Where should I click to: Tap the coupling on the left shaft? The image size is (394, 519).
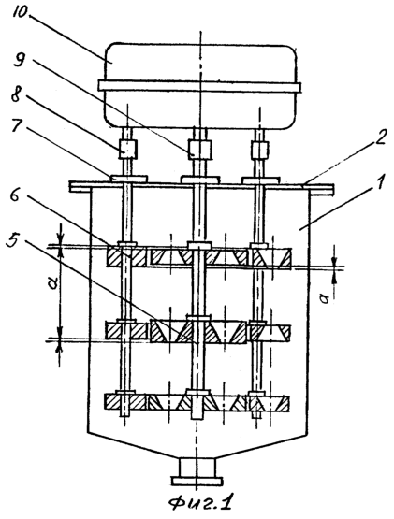pyautogui.click(x=128, y=149)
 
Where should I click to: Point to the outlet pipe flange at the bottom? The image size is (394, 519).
pyautogui.click(x=196, y=481)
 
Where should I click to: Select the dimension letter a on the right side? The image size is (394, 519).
pyautogui.click(x=326, y=299)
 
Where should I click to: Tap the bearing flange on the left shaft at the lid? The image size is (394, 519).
pyautogui.click(x=128, y=179)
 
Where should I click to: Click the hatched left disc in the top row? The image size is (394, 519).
pyautogui.click(x=126, y=257)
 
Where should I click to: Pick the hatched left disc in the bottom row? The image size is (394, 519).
pyautogui.click(x=125, y=402)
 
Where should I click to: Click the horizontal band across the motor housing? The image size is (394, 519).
pyautogui.click(x=200, y=86)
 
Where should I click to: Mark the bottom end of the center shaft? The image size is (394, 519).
pyautogui.click(x=197, y=419)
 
